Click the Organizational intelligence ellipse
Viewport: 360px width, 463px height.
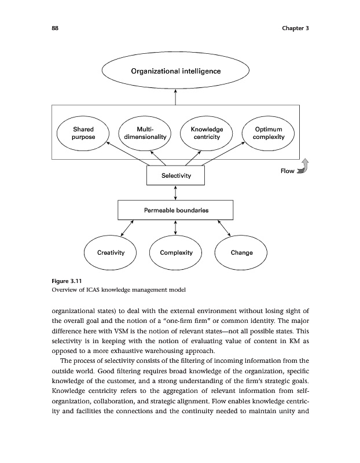(175, 71)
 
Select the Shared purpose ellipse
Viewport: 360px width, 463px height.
(83, 133)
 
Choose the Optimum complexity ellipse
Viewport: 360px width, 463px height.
(268, 133)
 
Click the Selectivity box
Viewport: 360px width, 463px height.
(175, 175)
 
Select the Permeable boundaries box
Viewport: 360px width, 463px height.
(175, 210)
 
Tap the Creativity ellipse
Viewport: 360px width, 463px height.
(109, 253)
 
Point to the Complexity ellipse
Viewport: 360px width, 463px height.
(175, 253)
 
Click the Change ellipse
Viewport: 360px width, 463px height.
(241, 253)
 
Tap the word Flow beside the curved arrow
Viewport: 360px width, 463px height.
(287, 171)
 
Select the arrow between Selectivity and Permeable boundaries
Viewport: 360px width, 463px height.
(175, 193)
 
